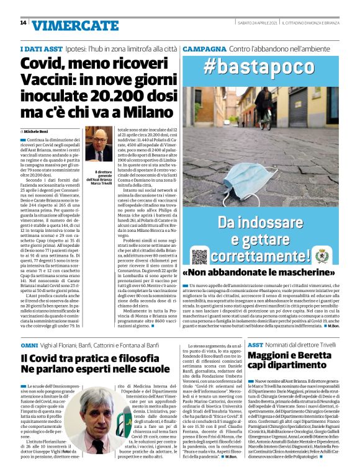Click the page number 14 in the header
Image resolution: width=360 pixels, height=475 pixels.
tap(23, 23)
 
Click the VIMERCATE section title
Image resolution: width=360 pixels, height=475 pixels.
tap(76, 25)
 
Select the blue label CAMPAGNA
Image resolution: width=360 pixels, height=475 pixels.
tap(204, 48)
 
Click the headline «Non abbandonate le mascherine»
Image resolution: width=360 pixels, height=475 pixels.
tap(254, 273)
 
